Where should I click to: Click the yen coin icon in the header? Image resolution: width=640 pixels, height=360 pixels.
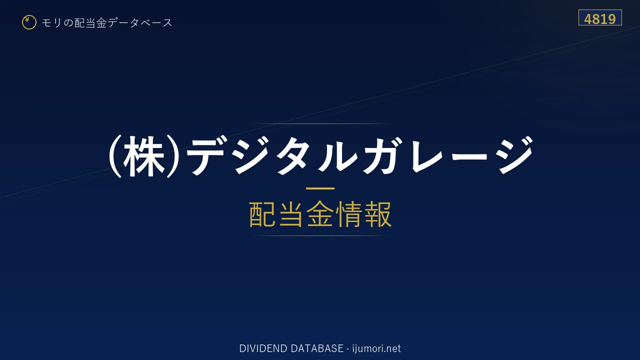click(x=29, y=22)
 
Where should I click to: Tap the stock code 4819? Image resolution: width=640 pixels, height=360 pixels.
click(x=599, y=19)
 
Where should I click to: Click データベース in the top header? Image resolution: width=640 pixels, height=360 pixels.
click(x=140, y=23)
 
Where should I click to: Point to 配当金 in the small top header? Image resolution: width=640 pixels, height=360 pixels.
click(x=90, y=23)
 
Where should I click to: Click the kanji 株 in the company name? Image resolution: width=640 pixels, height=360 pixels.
click(x=144, y=156)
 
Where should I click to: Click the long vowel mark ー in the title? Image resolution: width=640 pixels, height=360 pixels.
click(x=470, y=156)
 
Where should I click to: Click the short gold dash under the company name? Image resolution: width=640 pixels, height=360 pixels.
click(x=320, y=188)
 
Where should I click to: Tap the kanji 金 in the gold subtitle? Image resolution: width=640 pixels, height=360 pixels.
click(x=320, y=214)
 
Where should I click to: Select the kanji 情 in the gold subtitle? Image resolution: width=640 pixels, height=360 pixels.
click(x=349, y=214)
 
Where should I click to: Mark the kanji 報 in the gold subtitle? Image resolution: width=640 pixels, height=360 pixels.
click(x=377, y=214)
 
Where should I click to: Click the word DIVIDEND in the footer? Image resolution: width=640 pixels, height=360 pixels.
click(x=263, y=348)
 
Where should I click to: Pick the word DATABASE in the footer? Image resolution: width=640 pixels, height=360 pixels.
click(x=317, y=348)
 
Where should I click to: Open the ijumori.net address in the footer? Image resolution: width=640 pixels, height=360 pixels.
click(x=376, y=348)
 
